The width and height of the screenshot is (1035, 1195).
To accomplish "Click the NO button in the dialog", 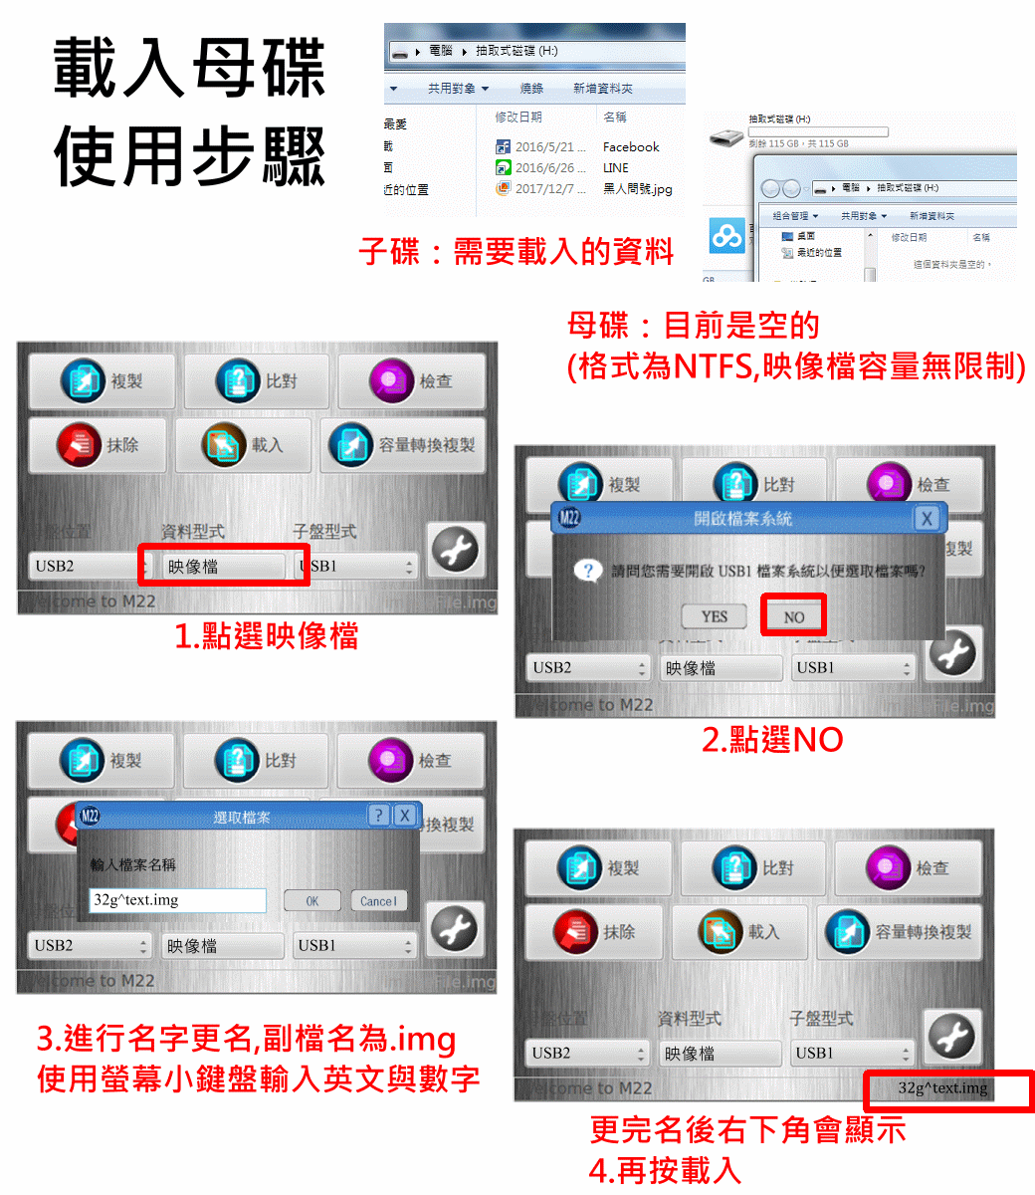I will click(x=793, y=616).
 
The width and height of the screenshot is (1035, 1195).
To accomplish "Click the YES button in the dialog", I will click(x=715, y=616).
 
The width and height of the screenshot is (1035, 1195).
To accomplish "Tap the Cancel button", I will click(x=378, y=901).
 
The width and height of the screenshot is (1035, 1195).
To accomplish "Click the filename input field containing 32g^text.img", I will click(x=177, y=900).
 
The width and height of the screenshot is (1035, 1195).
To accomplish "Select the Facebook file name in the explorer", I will click(x=631, y=146).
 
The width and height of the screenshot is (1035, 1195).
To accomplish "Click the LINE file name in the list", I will click(x=616, y=167).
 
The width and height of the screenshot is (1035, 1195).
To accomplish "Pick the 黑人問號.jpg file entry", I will click(x=637, y=188).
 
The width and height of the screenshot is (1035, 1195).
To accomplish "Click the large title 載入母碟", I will click(x=190, y=69).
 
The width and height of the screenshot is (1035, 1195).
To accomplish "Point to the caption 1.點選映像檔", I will click(x=266, y=635).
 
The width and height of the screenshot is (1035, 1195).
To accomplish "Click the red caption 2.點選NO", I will click(x=772, y=739).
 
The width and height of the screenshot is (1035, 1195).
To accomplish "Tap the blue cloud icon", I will click(x=727, y=236).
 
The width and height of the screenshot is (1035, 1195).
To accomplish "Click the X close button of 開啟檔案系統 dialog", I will click(x=927, y=518).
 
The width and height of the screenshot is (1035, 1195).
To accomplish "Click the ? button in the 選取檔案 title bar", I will click(x=378, y=816).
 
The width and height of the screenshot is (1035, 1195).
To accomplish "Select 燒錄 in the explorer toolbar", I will click(x=531, y=89).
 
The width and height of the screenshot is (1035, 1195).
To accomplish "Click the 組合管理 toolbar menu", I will click(x=795, y=216).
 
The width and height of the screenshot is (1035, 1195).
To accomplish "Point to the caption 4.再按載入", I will click(x=665, y=1170).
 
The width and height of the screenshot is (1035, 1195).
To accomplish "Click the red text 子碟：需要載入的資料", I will click(x=517, y=251).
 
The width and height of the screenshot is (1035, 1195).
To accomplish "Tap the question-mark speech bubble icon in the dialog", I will click(x=588, y=572).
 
